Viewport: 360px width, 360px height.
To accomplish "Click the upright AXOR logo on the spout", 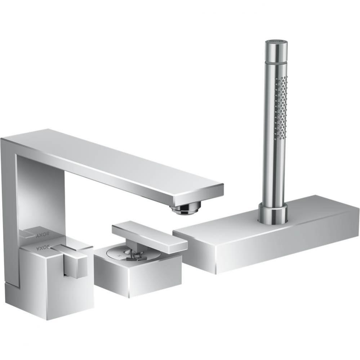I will point(42,236).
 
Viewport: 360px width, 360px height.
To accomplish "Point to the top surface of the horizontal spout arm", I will point(119,158).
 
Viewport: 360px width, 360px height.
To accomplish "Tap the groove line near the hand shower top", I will point(276,62).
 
